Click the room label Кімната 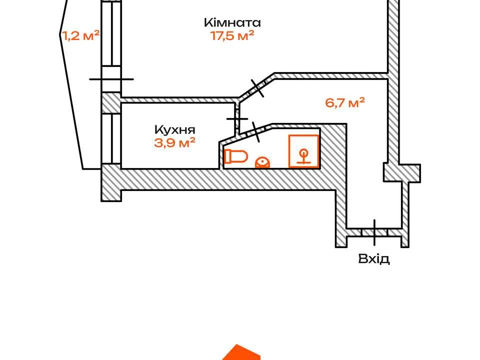[x=232, y=22]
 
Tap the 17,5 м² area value [x=232, y=36]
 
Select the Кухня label [x=175, y=129]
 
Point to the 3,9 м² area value [x=175, y=142]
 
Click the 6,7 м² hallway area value [x=344, y=102]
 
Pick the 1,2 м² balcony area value [x=81, y=36]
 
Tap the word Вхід [x=374, y=259]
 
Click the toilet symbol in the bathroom [x=236, y=156]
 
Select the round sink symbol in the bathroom [x=262, y=162]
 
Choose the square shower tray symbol [x=303, y=151]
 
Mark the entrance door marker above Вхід [x=374, y=232]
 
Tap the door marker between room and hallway [x=257, y=88]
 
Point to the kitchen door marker [x=237, y=119]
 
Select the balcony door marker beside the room [x=111, y=79]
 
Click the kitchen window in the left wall [x=111, y=139]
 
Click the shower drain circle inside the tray [x=303, y=152]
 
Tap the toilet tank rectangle [x=228, y=156]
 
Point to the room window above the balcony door [x=111, y=33]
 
